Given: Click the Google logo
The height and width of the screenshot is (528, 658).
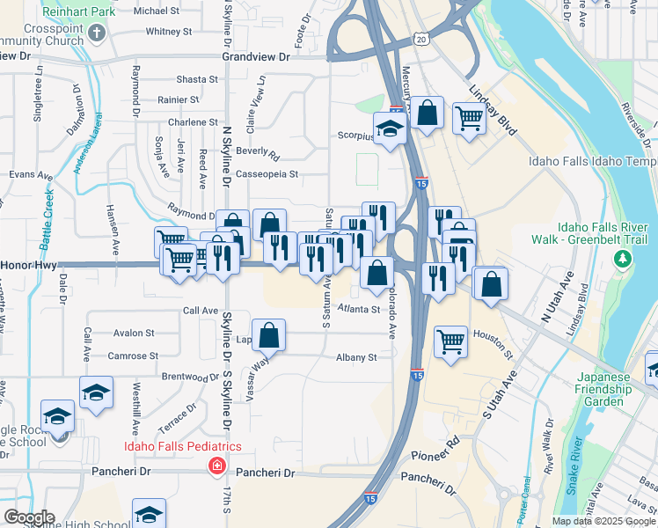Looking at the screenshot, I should click(x=28, y=517).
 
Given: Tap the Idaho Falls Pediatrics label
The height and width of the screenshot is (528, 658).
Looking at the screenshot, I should click(x=182, y=447).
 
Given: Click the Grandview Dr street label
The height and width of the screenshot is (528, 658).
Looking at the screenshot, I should click(x=256, y=56).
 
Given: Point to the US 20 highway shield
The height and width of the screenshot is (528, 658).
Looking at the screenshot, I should click(x=423, y=40).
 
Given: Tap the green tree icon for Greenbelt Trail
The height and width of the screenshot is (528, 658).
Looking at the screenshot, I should click(x=623, y=258).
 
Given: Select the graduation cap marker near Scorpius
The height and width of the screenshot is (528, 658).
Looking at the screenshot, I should click(x=389, y=128).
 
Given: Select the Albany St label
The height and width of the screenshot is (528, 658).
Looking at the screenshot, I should click(x=355, y=357).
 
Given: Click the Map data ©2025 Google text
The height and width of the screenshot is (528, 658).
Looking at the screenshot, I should click(x=603, y=521).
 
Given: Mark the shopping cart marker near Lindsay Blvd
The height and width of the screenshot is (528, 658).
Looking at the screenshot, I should click(x=469, y=116).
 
